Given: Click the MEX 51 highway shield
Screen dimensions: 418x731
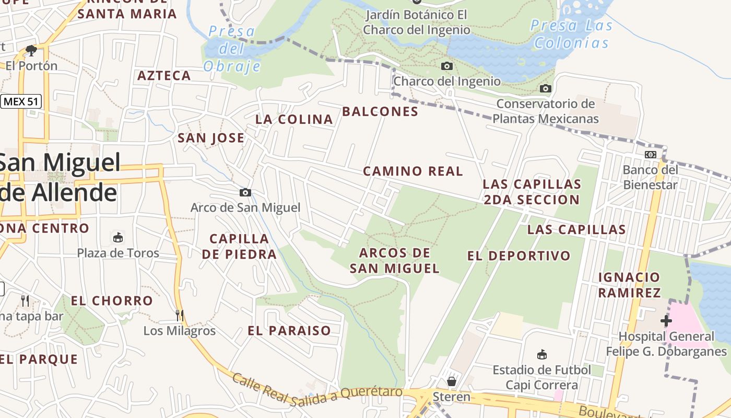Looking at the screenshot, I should [x=21, y=101].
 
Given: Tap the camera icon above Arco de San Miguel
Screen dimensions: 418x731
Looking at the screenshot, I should [x=245, y=193].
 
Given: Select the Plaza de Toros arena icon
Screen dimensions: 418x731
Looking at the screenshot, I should [x=119, y=238].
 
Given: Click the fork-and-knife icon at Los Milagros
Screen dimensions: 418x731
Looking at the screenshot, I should [x=180, y=315].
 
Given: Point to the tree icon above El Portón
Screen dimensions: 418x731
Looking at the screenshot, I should [x=31, y=51].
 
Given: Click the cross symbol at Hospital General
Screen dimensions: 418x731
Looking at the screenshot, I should [x=666, y=320].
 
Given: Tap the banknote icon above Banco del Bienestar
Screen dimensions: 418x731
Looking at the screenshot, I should [x=651, y=155].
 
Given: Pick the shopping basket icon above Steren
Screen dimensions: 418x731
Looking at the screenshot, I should [x=452, y=381].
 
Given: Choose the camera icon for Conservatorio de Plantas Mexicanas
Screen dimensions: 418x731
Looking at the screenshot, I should [x=546, y=88].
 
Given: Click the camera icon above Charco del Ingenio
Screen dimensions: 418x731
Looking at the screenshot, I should [x=447, y=66].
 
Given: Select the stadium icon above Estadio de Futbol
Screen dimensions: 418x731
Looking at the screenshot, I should [x=542, y=355].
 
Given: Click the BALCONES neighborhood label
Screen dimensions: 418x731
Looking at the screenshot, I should [x=380, y=112].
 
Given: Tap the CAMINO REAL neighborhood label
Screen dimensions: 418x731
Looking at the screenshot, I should [x=413, y=171].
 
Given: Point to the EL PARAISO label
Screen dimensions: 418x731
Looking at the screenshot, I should [x=289, y=331].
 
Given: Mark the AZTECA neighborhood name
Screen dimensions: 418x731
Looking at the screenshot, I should [x=164, y=76].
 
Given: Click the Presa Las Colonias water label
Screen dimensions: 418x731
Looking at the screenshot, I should [x=571, y=34].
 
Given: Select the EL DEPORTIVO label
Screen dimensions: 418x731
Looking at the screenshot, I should [x=519, y=256].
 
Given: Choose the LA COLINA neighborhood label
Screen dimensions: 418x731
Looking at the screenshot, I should [x=294, y=120].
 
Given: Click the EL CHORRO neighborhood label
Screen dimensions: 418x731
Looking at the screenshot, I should [x=112, y=301].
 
